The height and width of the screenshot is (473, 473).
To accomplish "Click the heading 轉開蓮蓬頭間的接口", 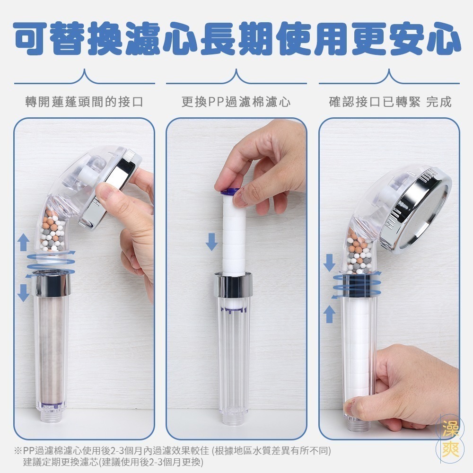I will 84,102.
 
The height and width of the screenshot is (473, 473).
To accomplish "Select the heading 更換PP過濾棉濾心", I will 236,102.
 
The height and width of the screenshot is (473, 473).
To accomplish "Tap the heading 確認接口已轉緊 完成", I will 390,102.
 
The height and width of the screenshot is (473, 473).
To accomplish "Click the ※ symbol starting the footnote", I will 18,450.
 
